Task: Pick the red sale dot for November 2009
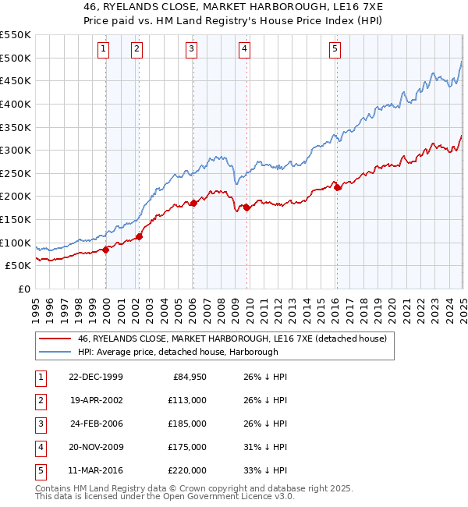tap(246, 207)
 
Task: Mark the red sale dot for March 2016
tap(337, 187)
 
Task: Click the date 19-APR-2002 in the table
tap(96, 401)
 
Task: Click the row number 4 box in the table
tap(39, 448)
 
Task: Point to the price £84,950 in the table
tap(186, 378)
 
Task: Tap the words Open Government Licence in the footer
tap(213, 496)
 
